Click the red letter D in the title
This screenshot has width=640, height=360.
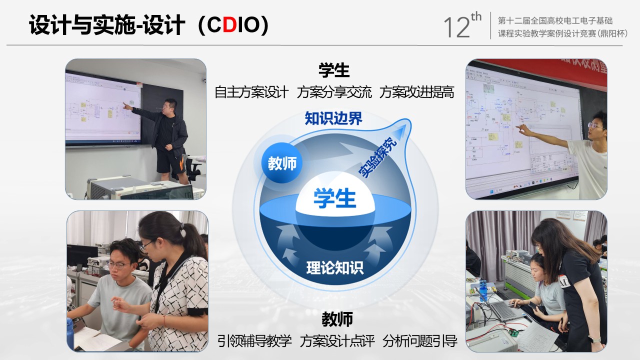tap(229, 24)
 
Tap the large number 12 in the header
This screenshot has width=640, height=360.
tap(456, 27)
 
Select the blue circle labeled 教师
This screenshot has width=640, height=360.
tap(282, 163)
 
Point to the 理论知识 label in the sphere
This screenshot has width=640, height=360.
tap(335, 267)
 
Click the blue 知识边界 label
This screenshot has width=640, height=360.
tap(333, 118)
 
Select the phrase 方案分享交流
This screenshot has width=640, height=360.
tap(334, 92)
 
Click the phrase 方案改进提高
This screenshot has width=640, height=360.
tap(417, 92)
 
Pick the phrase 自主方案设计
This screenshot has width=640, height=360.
tap(251, 92)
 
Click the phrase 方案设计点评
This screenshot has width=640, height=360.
tap(337, 341)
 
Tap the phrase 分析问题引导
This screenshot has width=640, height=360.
tap(420, 341)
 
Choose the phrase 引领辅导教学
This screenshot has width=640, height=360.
tap(254, 341)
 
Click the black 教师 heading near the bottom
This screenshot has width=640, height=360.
tap(337, 319)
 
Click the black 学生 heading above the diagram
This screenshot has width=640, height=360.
tap(334, 70)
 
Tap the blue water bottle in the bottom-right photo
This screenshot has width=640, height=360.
tap(482, 290)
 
